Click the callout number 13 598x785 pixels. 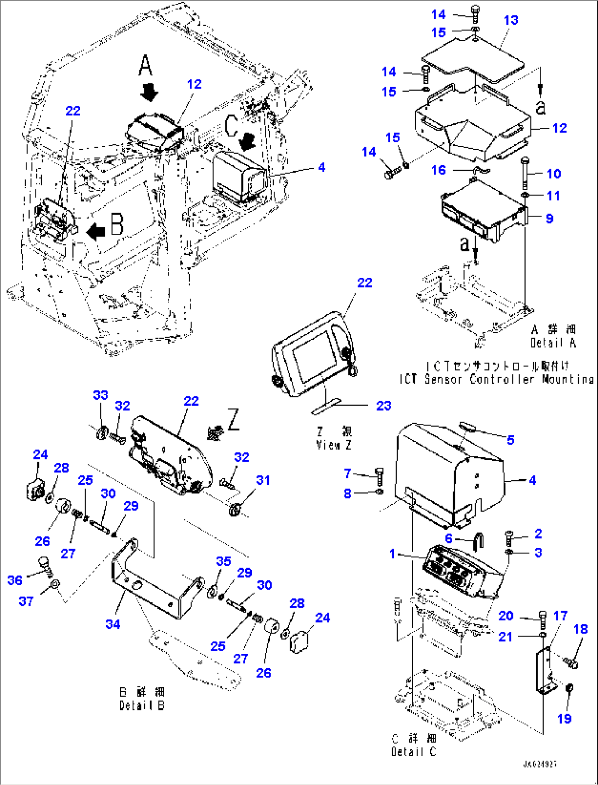click(511, 20)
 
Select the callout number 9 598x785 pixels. click(549, 218)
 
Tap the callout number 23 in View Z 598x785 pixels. click(383, 406)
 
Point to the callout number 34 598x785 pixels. click(113, 624)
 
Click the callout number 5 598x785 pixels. click(511, 440)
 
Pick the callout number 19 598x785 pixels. click(565, 719)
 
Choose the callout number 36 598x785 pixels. click(15, 580)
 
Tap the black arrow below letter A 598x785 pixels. click(149, 92)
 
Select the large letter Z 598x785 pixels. click(233, 420)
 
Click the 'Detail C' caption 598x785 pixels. click(414, 752)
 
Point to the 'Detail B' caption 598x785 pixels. click(142, 705)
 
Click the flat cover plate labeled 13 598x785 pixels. click(472, 58)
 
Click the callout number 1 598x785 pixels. click(392, 554)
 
